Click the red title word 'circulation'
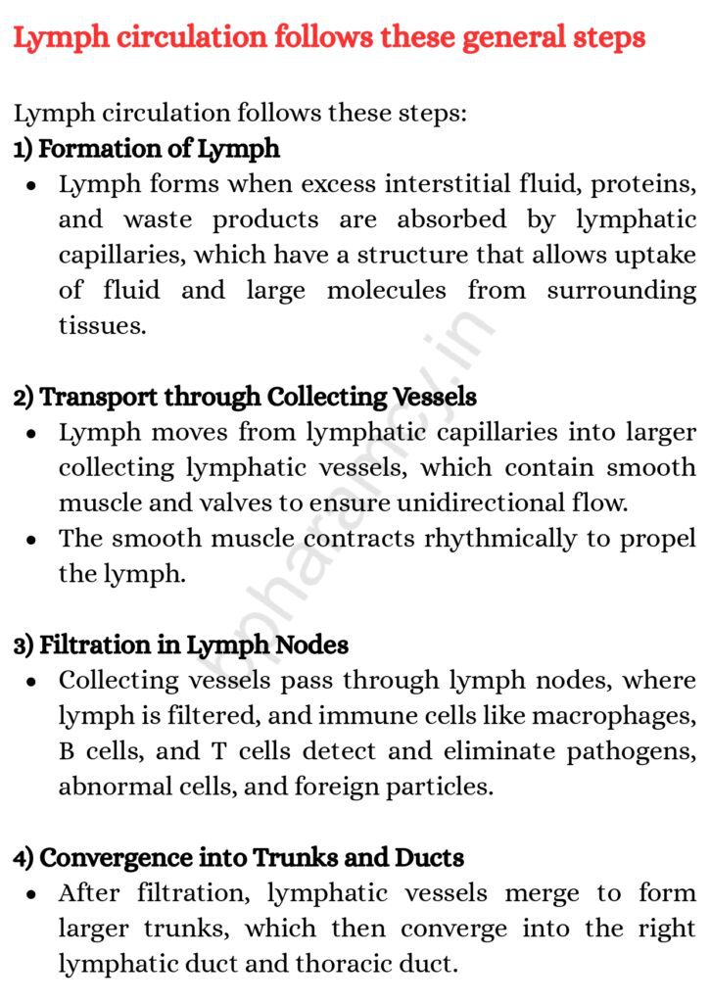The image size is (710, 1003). [x=184, y=38]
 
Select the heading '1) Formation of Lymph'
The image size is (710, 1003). [x=147, y=149]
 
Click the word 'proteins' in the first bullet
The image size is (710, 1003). [x=638, y=184]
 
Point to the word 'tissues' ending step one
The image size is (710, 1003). [x=102, y=326]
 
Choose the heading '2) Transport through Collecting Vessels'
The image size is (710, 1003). [x=245, y=397]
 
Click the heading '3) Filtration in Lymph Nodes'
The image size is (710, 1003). [x=181, y=645]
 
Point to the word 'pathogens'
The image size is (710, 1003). [x=631, y=751]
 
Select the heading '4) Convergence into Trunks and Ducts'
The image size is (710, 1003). [x=238, y=857]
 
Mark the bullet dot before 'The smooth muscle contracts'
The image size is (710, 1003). [x=33, y=540]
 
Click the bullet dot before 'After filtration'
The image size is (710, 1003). [x=33, y=894]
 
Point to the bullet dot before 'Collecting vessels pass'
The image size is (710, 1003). [x=33, y=682]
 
